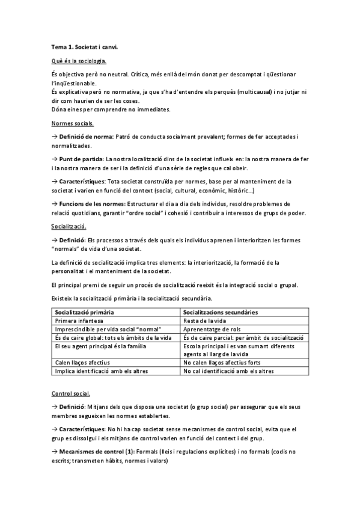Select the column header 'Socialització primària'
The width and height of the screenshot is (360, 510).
[x=85, y=313]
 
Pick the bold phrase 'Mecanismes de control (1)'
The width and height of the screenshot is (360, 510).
[x=95, y=452]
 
